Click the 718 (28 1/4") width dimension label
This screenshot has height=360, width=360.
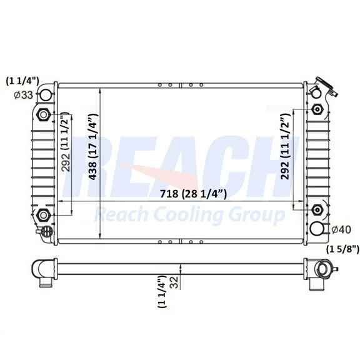point(179,194)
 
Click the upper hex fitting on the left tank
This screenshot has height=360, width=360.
point(44,114)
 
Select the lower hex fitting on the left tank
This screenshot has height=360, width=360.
point(44,216)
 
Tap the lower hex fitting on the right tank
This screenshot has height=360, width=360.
point(317,210)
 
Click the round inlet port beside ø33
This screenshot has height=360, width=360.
point(45,96)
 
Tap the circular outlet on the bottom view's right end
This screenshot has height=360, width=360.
point(324,271)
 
